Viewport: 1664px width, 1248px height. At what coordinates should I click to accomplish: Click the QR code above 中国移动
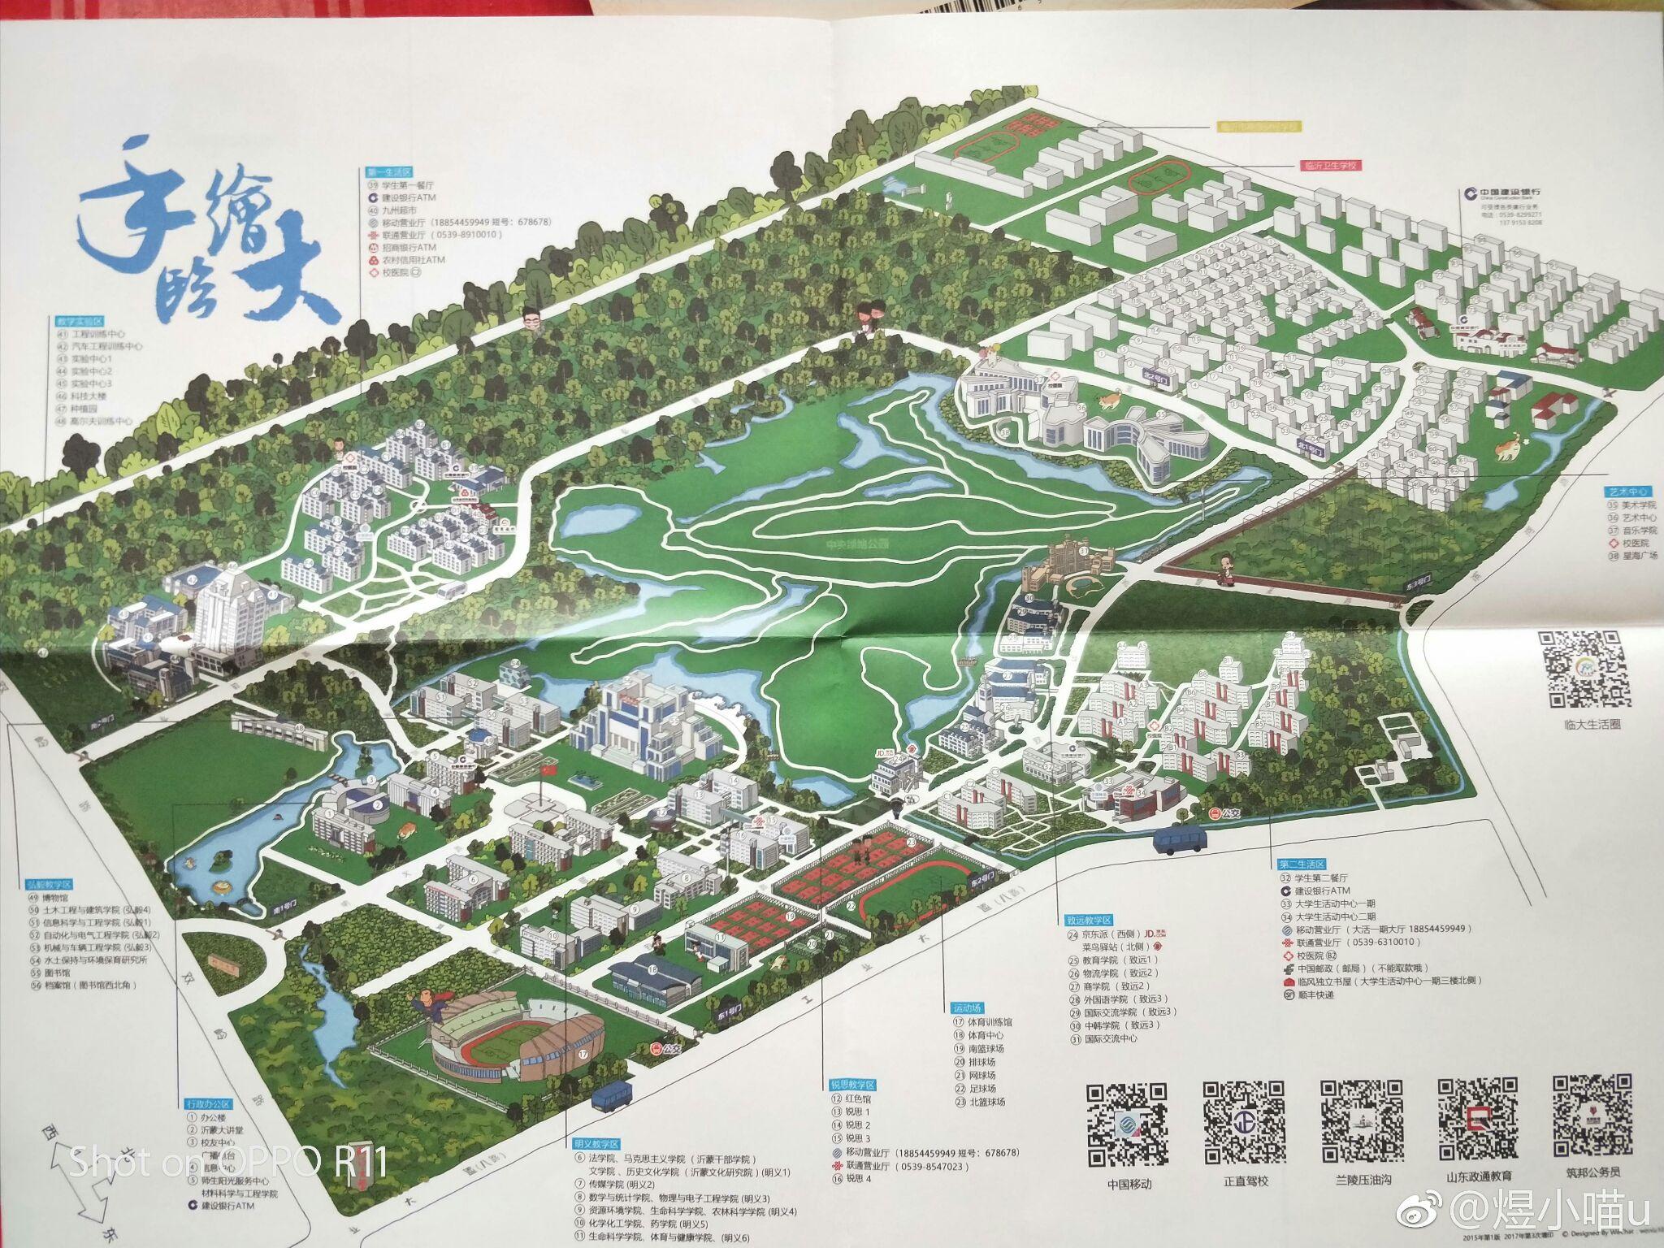[1129, 1124]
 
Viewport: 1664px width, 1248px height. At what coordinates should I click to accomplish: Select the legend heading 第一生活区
[389, 173]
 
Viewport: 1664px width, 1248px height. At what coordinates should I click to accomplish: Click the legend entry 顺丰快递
[1315, 995]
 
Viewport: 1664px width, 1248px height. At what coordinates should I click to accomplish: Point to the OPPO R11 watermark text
[227, 1162]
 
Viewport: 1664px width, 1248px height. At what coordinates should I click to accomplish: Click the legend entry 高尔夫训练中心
[101, 421]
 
